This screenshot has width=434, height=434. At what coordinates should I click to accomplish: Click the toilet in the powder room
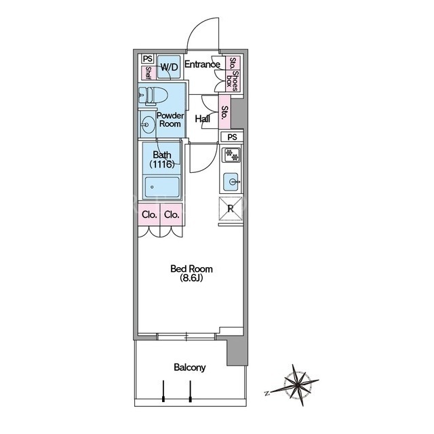(x=153, y=96)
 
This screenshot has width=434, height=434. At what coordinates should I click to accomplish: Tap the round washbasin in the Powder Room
(x=148, y=125)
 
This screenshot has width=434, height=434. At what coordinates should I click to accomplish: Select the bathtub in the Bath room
(x=162, y=187)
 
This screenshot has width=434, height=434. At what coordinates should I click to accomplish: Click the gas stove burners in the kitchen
(x=232, y=155)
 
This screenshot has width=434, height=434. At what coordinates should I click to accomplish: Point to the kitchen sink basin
(x=231, y=182)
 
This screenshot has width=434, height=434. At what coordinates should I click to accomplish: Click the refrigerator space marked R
(x=231, y=208)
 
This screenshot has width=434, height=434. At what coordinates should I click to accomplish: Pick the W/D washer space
(x=169, y=67)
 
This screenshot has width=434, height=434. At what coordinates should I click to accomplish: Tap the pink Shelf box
(x=148, y=73)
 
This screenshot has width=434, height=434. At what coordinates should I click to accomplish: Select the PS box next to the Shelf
(x=148, y=59)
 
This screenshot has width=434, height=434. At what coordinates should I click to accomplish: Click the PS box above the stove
(x=232, y=137)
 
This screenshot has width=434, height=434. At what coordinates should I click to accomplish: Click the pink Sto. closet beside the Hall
(x=224, y=112)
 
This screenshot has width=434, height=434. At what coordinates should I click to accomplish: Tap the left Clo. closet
(x=149, y=214)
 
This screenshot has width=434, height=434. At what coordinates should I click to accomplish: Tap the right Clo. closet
(x=172, y=214)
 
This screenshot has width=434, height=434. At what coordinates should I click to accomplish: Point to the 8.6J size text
(x=191, y=277)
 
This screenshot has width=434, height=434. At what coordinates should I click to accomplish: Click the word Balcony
(x=190, y=368)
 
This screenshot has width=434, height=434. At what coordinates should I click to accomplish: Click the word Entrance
(x=202, y=64)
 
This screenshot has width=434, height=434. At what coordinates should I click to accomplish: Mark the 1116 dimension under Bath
(x=162, y=164)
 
